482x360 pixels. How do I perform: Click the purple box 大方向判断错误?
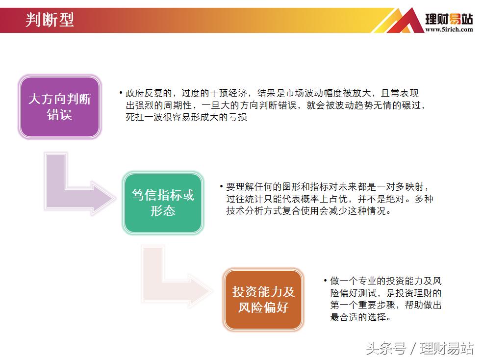point(59,106)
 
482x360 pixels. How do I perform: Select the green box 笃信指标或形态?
point(163,203)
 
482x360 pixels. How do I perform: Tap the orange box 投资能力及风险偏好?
point(263,300)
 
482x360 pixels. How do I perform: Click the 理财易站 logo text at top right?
point(449,19)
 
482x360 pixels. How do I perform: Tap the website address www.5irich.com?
point(449,29)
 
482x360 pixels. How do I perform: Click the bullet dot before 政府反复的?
point(121,93)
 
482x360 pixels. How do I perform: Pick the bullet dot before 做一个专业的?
point(325,281)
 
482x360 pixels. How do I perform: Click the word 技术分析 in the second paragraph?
point(243,211)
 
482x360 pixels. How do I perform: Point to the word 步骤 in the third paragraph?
point(398,305)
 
